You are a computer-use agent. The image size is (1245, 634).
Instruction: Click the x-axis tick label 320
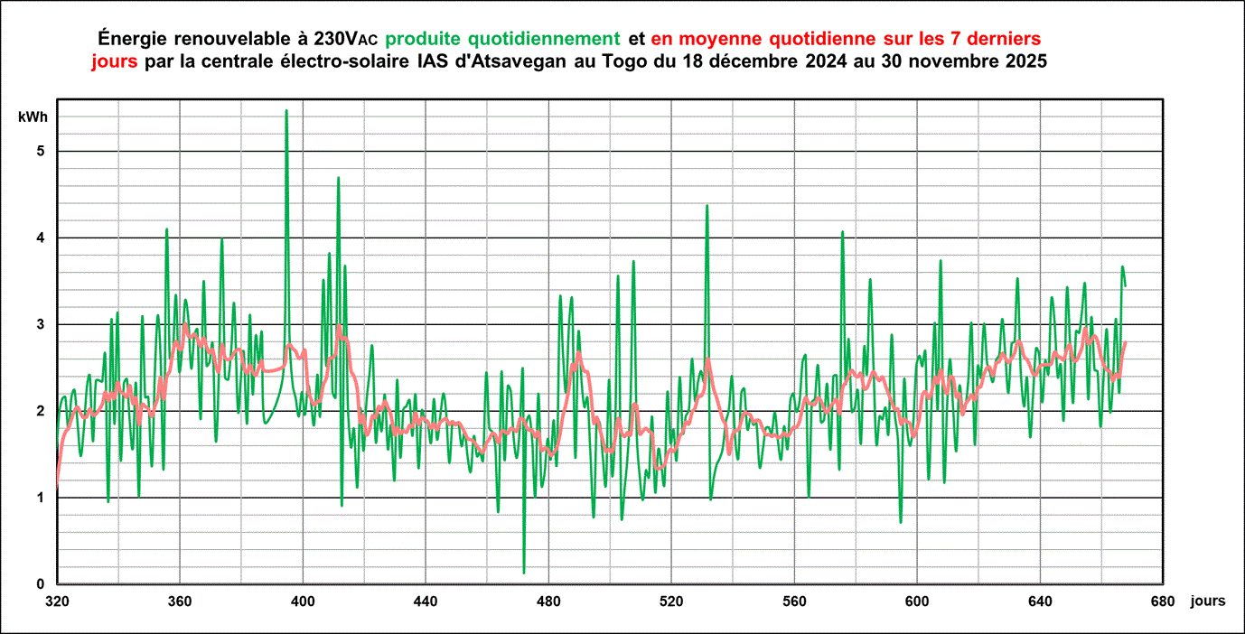point(57,601)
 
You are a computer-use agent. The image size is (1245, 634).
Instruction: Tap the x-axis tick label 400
point(303,601)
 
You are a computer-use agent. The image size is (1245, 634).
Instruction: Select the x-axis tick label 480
point(548,601)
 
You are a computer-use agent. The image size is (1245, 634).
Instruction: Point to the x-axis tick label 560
point(794,601)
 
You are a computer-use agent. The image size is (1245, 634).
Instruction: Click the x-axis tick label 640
point(1040,601)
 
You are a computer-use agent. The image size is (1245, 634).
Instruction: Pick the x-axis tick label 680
point(1163,601)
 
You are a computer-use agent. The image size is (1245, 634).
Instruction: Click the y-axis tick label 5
point(41,151)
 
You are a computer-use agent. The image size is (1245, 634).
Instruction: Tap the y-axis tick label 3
point(41,324)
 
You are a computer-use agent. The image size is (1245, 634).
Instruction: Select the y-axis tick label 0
point(41,584)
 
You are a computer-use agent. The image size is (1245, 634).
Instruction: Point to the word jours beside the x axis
point(1208,601)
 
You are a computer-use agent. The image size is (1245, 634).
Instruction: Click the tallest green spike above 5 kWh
point(286,111)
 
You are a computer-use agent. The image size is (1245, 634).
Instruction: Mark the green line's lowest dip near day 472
point(524,572)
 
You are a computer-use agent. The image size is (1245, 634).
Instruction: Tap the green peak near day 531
point(707,206)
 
